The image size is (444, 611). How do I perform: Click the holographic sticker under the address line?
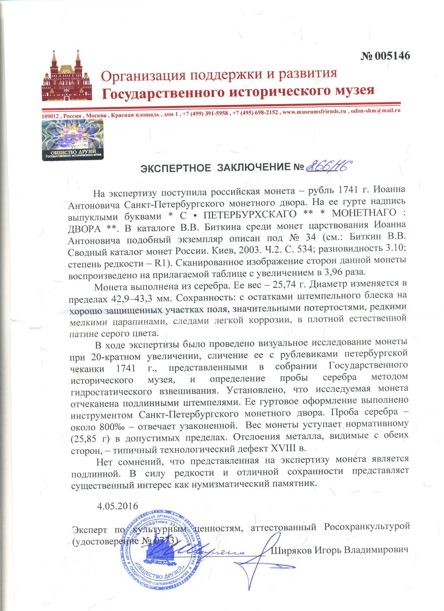point(73,139)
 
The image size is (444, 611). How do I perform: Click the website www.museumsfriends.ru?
point(314,112)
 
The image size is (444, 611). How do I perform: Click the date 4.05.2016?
point(118,506)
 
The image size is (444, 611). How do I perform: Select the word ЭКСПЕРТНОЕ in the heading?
point(175,168)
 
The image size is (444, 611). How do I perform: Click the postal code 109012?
point(50,116)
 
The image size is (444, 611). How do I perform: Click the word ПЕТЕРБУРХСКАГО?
point(250,214)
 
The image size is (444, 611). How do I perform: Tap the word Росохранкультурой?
point(366,527)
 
